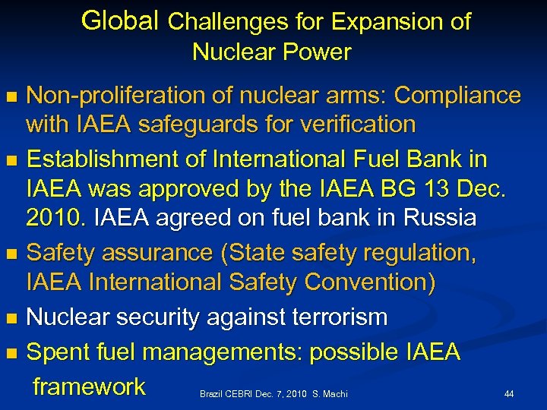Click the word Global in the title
[x=121, y=20]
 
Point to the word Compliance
[x=458, y=96]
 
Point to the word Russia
[x=438, y=219]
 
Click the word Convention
[x=369, y=282]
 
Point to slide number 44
[x=509, y=394]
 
